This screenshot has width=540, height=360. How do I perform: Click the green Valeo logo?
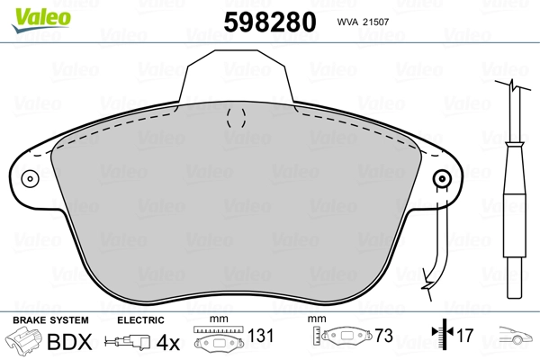[x=41, y=19]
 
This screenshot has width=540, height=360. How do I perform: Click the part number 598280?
[x=270, y=22]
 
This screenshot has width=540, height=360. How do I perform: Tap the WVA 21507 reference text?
[x=363, y=22]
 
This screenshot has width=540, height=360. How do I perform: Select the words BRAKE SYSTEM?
[x=50, y=320]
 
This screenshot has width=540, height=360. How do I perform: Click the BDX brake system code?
[x=69, y=342]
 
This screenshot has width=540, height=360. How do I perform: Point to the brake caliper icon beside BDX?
[x=23, y=339]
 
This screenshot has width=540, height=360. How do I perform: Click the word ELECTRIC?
[x=140, y=320]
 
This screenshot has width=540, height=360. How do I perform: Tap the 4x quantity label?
[x=167, y=342]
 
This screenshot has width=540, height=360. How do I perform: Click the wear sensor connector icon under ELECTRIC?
[x=128, y=342]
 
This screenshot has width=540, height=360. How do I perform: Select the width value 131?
[x=260, y=336]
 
